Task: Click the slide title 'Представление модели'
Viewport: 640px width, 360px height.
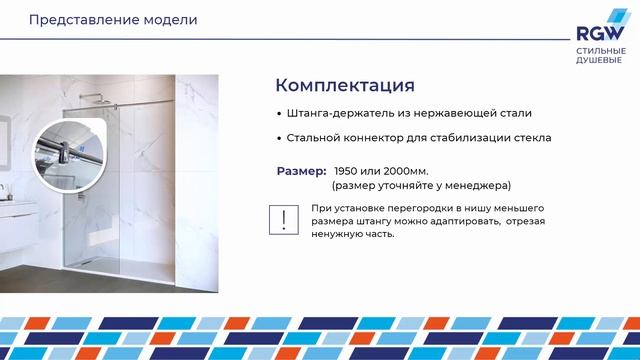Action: click(98, 20)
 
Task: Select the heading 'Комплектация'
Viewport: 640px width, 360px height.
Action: click(344, 84)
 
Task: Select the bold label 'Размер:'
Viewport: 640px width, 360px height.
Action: click(301, 171)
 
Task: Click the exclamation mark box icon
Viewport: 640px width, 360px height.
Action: click(287, 220)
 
